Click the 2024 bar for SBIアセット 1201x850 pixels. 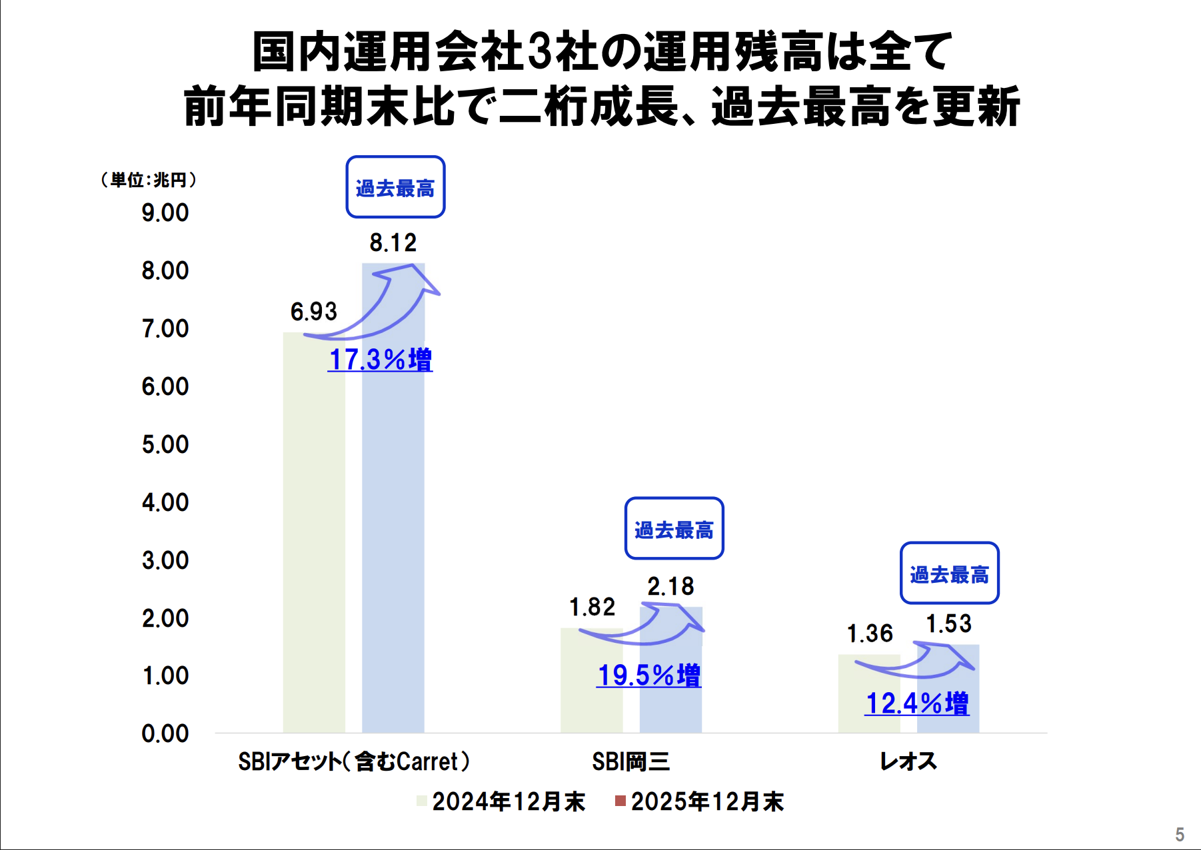[x=314, y=533]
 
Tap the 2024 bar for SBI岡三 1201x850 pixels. [x=591, y=686]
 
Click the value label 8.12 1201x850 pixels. [x=393, y=243]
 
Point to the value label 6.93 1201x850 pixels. [x=314, y=312]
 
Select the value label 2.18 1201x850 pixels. [x=670, y=587]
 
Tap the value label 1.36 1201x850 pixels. [x=870, y=634]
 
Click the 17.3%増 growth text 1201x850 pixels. [x=381, y=360]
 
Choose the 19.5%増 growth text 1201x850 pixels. [x=649, y=675]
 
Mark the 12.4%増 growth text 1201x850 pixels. [x=917, y=703]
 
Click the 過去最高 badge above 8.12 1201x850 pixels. [x=395, y=188]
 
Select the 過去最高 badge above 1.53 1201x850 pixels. [x=949, y=574]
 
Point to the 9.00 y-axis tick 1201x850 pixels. [x=165, y=213]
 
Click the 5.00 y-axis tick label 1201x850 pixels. [x=165, y=445]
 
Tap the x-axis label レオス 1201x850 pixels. [x=908, y=761]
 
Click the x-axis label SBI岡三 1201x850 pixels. [x=630, y=761]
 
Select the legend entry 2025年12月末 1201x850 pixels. [x=700, y=802]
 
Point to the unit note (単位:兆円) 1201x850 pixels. [x=149, y=180]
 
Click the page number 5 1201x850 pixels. [x=1179, y=835]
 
